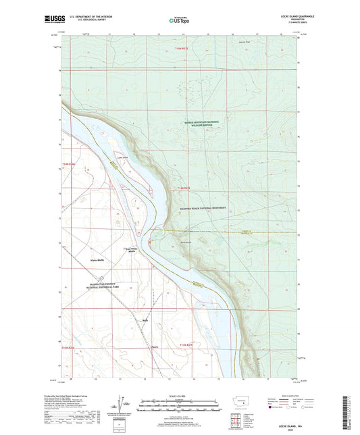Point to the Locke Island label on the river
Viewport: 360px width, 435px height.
[123, 158]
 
